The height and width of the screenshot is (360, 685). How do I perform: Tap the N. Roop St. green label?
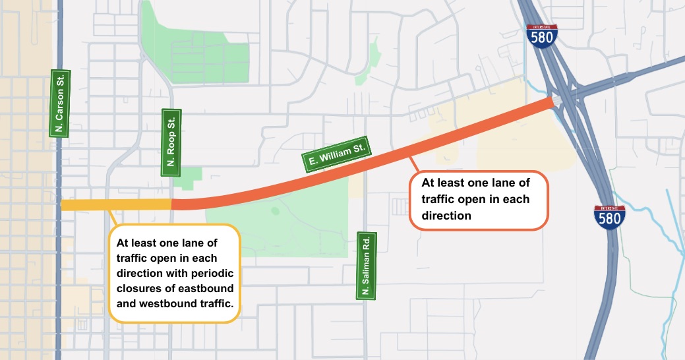point(171,143)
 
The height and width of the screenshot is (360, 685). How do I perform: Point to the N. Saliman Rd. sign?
point(367,266)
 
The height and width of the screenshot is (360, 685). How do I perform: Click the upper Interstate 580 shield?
point(542,37)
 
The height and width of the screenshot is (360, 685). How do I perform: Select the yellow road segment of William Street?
point(115,205)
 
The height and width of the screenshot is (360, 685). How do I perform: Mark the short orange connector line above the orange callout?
point(413,164)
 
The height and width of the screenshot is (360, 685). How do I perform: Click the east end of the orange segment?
point(550,103)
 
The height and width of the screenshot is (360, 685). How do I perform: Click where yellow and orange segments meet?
point(172,204)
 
